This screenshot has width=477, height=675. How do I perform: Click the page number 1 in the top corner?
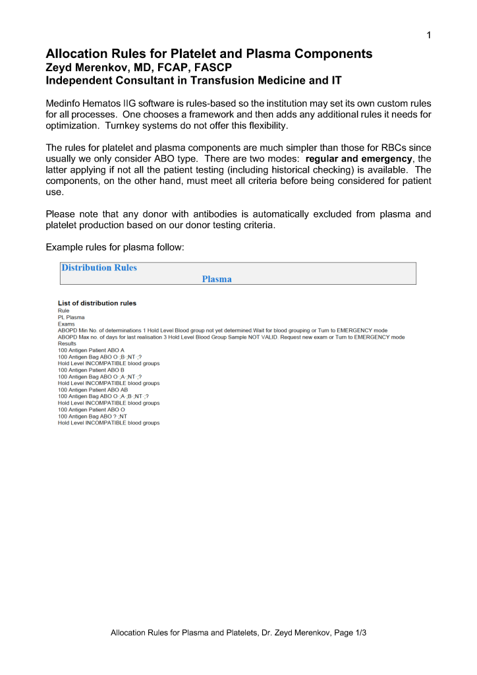(428, 35)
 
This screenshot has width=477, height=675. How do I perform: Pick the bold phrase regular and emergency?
(358, 160)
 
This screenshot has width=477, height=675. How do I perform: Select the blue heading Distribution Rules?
(99, 268)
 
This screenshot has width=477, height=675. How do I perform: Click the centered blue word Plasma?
(217, 279)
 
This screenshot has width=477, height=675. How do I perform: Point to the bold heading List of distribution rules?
(98, 303)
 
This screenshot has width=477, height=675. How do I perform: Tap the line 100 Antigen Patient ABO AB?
(92, 390)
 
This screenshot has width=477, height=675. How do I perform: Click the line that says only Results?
(67, 343)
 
